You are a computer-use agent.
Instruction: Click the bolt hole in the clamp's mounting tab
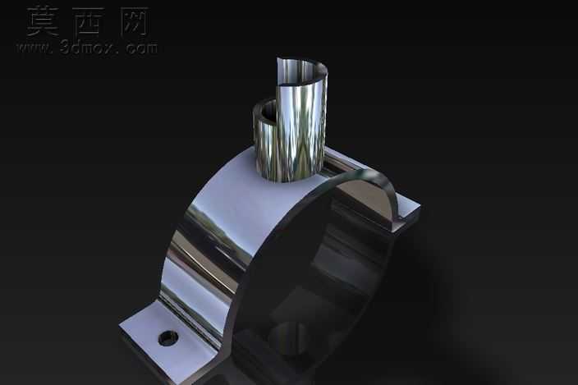pyautogui.click(x=168, y=338)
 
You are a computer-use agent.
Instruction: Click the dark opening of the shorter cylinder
pyautogui.click(x=268, y=111)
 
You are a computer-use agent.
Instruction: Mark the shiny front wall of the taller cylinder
pyautogui.click(x=300, y=133)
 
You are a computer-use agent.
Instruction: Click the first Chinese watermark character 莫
pyautogui.click(x=43, y=21)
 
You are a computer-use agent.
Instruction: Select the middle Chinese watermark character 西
pyautogui.click(x=88, y=21)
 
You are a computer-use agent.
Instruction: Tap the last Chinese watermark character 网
pyautogui.click(x=134, y=21)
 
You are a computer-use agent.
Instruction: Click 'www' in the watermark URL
pyautogui.click(x=34, y=48)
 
